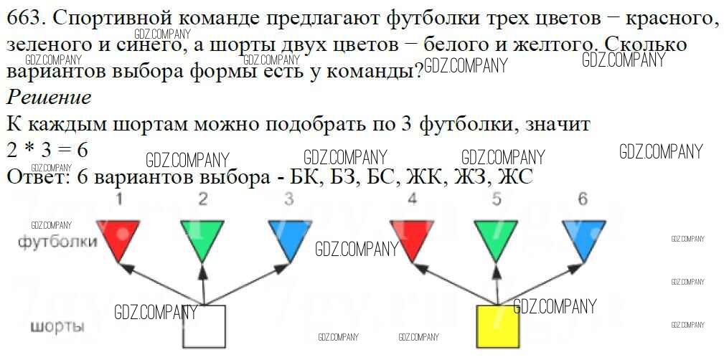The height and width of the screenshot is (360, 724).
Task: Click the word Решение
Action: click(x=49, y=98)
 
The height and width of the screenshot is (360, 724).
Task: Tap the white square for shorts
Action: click(x=204, y=327)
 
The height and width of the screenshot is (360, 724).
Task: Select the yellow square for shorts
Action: click(x=499, y=327)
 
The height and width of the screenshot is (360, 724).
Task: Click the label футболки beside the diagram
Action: click(x=58, y=242)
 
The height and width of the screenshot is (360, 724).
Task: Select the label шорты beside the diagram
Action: click(x=57, y=328)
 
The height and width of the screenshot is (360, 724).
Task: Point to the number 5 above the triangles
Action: click(x=497, y=199)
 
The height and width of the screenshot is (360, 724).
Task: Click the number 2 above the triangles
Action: click(x=203, y=199)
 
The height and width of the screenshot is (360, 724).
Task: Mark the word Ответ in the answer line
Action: click(x=36, y=176)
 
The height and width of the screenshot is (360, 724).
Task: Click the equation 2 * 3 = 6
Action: click(x=47, y=151)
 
